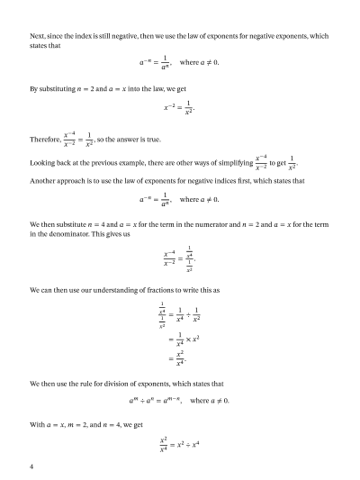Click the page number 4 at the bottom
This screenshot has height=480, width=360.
point(31,466)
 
